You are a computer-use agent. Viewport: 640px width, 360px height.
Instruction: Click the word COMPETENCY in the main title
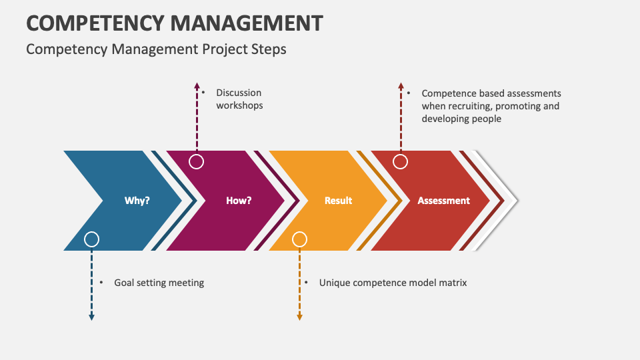pos(94,23)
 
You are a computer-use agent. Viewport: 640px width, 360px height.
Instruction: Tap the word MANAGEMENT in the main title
pos(246,23)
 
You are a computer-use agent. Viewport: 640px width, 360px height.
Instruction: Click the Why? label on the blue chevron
pos(137,200)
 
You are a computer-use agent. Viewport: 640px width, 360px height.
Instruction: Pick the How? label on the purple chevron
pos(239,200)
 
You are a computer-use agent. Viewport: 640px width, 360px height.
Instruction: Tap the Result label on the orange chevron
pos(338,200)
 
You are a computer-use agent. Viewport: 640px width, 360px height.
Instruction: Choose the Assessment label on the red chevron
pos(443,200)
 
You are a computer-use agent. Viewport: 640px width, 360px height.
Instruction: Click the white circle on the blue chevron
pos(92,239)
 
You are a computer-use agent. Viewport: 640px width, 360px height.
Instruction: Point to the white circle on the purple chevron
pos(197,161)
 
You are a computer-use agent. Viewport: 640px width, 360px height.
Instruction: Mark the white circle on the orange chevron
pos(300,239)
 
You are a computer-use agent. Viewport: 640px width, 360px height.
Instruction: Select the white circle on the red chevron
pos(401,161)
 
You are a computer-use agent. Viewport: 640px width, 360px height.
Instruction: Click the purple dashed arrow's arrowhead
pos(197,86)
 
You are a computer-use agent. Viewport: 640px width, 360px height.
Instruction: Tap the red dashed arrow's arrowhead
pos(401,86)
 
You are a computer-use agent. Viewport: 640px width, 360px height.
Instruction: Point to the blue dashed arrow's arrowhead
pos(92,317)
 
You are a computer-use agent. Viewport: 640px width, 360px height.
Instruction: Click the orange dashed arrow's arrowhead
pos(300,317)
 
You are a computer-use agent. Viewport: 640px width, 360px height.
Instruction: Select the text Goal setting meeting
pos(159,283)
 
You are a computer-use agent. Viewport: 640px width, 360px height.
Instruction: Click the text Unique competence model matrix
pos(393,283)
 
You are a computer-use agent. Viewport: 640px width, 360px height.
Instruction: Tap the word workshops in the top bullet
pos(239,105)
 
